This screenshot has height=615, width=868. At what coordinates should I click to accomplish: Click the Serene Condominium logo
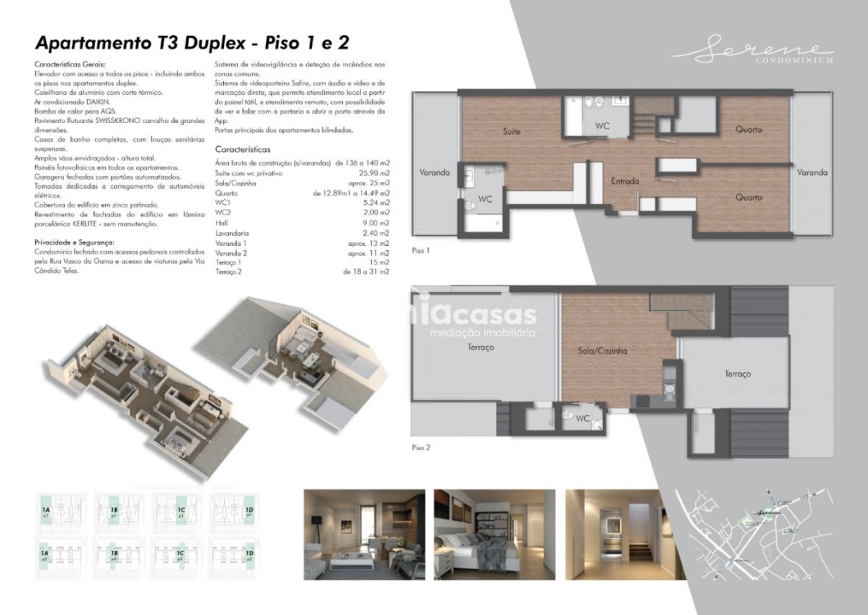(x=753, y=52)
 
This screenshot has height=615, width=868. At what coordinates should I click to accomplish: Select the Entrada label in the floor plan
(x=625, y=181)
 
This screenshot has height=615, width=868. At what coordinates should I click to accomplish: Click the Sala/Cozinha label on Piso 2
(x=602, y=351)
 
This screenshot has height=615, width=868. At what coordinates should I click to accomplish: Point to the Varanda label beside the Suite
(x=434, y=173)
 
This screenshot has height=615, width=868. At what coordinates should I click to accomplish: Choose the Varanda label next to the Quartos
(x=812, y=173)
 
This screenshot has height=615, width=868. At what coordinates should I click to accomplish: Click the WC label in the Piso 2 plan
(x=582, y=419)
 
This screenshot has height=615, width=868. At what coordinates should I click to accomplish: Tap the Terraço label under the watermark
(x=480, y=348)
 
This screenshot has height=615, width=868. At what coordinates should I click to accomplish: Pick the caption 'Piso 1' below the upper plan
(x=421, y=251)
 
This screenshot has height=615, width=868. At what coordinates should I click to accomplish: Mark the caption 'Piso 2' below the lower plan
(x=421, y=448)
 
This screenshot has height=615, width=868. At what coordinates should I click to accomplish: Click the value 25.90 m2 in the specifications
(x=374, y=173)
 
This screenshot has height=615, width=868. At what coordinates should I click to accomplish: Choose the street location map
(x=753, y=533)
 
